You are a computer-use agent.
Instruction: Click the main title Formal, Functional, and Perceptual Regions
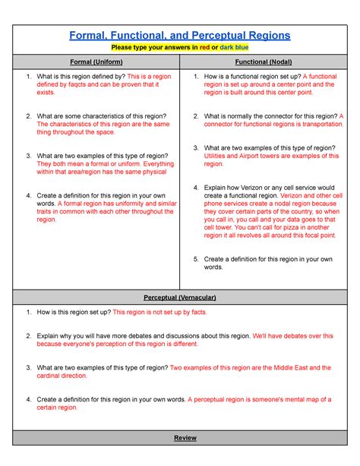coord(180,36)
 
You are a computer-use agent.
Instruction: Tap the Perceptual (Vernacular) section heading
coord(180,296)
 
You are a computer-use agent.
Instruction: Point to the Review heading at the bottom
coord(180,439)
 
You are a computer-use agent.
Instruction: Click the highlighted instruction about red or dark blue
coord(180,47)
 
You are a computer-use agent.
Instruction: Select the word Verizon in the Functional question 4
coord(250,187)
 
